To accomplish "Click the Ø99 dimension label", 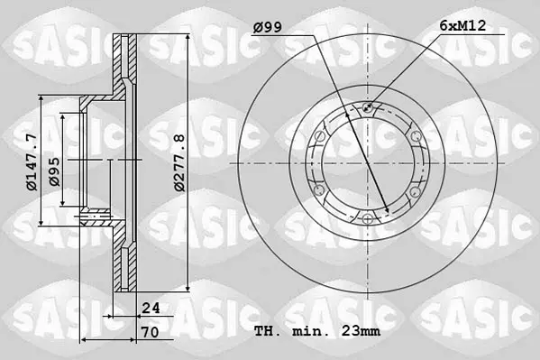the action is tap(268, 27).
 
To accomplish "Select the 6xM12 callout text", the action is tap(462, 25).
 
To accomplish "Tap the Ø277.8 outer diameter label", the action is tap(179, 162).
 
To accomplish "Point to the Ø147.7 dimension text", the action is tap(32, 162).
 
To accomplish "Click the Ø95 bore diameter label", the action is tap(55, 171).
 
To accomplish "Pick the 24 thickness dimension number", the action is tap(151, 308).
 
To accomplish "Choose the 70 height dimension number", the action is tap(151, 332).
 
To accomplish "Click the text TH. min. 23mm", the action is tap(317, 331).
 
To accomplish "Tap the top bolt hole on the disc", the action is tap(368, 108).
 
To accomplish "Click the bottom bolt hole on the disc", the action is tap(368, 218).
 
